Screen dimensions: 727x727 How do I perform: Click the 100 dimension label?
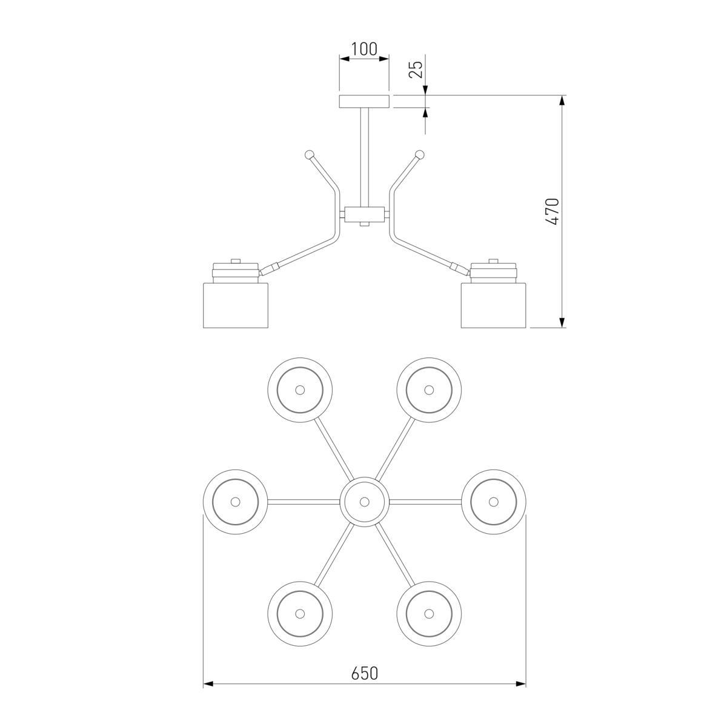[x=364, y=49]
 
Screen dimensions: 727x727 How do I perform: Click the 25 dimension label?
[x=416, y=69]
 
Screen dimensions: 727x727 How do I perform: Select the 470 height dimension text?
[x=553, y=211]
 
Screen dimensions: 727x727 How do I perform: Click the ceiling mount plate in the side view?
[x=364, y=102]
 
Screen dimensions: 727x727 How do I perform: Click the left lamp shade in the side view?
[x=236, y=305]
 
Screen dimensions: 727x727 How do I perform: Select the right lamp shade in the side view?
[x=494, y=305]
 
